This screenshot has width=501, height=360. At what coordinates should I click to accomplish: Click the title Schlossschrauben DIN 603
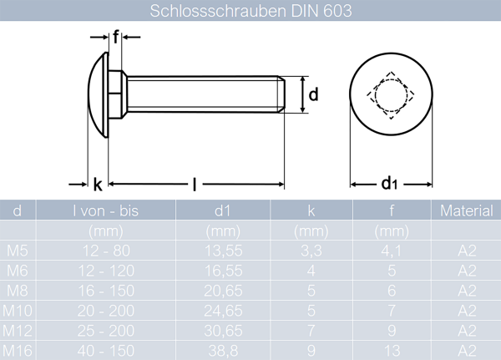(250, 11)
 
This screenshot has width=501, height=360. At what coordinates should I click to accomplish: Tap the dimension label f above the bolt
(116, 36)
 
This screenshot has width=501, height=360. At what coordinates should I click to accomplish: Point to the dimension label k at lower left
(98, 185)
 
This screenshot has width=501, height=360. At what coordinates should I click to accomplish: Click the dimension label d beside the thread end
(313, 94)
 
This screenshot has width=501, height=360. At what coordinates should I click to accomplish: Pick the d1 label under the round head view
(389, 184)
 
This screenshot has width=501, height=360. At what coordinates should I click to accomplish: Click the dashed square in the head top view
(389, 94)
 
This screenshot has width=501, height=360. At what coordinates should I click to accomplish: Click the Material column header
(466, 211)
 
